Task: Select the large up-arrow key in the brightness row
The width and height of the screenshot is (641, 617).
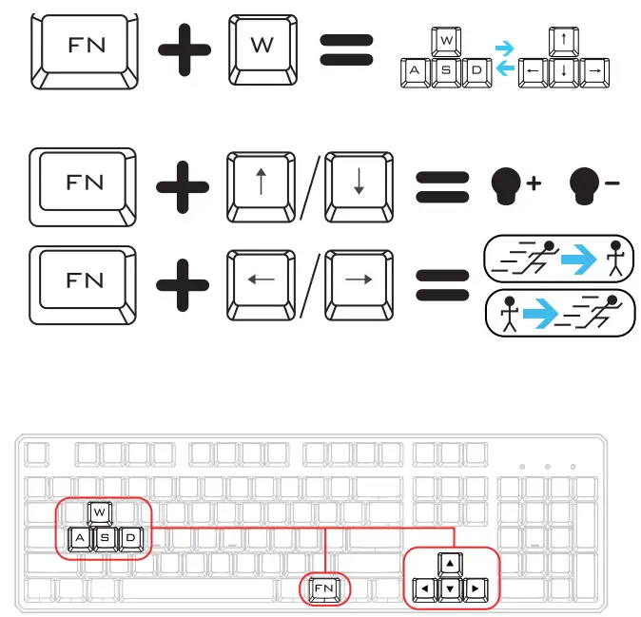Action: coord(262,183)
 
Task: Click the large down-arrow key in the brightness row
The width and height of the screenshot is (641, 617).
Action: coord(359,183)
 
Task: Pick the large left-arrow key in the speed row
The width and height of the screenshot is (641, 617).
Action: coord(262,280)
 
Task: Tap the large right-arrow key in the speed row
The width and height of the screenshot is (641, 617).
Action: coord(359,280)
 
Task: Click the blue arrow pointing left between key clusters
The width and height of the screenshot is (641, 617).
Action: coord(505,68)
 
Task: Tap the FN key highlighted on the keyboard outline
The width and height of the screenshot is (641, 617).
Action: coord(325,589)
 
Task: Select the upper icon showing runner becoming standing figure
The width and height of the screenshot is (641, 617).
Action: coord(557,257)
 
